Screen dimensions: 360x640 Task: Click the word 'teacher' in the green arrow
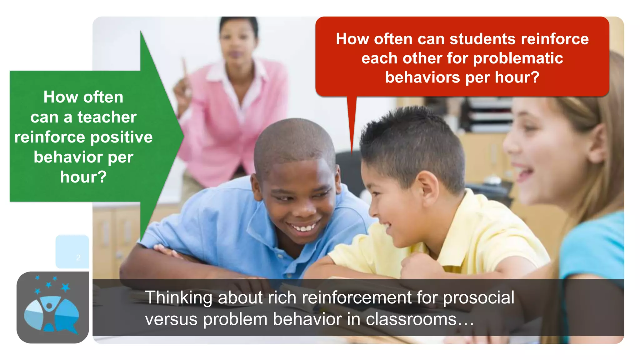(107, 117)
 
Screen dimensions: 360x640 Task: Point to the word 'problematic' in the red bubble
(518, 58)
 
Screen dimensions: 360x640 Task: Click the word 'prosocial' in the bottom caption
(478, 297)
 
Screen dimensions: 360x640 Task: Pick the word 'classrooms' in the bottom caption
(411, 319)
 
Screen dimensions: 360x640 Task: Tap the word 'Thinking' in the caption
(178, 297)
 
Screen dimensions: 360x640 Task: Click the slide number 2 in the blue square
(78, 258)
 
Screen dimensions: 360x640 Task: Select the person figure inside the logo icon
(49, 312)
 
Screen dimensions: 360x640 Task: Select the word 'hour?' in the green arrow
(83, 177)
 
